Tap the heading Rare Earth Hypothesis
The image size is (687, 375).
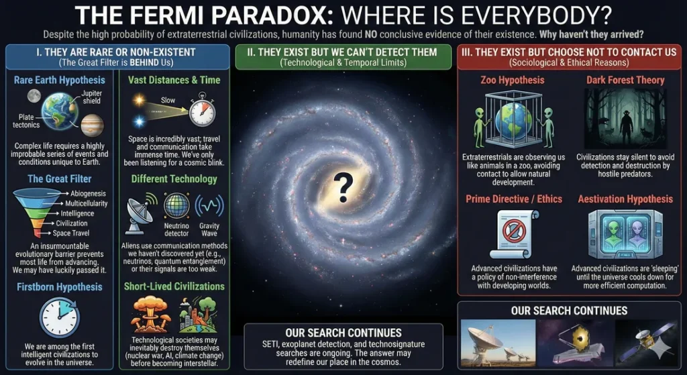(x=60, y=80)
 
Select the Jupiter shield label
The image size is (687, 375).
(x=92, y=98)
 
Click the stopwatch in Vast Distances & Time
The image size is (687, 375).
(x=201, y=111)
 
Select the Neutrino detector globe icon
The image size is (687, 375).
(x=176, y=206)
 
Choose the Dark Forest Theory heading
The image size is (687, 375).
(x=625, y=80)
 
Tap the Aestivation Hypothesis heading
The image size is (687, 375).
(x=625, y=199)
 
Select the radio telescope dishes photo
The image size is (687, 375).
(x=498, y=342)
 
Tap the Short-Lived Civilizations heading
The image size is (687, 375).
(x=174, y=286)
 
